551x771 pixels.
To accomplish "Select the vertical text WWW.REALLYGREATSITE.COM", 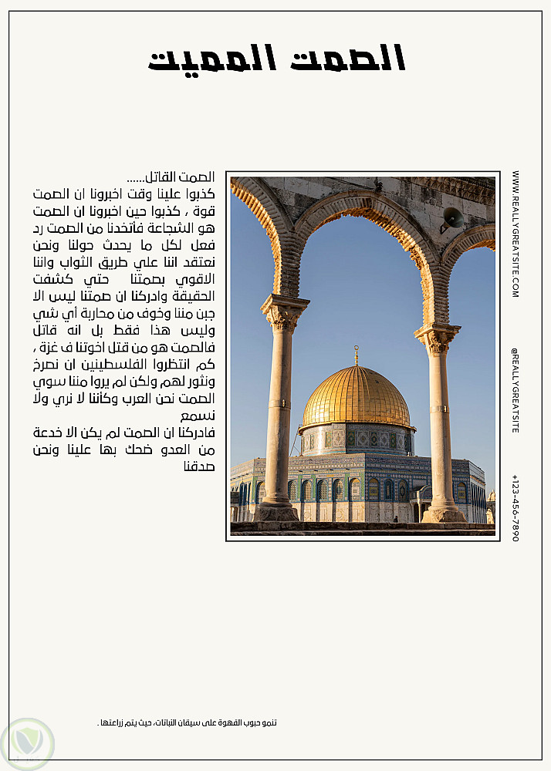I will (515, 234).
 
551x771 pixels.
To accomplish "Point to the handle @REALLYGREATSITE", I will (515, 389).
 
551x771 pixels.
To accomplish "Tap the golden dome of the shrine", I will (356, 396).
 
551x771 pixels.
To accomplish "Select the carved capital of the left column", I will (284, 312).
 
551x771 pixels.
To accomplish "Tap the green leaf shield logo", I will (28, 743).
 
